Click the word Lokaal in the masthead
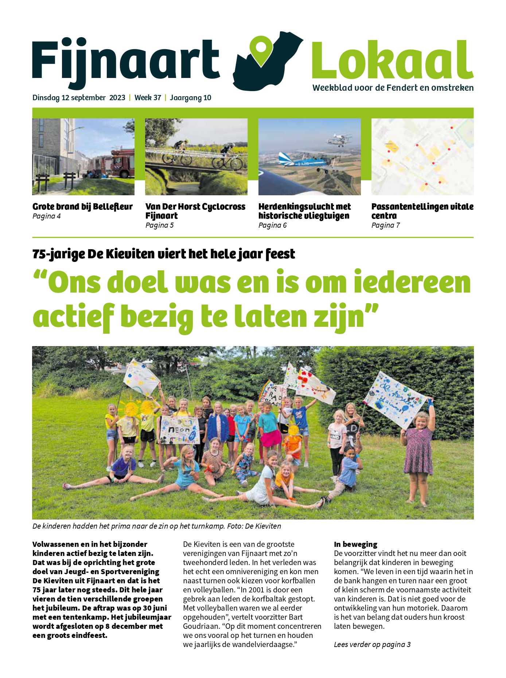(392, 60)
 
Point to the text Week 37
(148, 98)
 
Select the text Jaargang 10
(190, 98)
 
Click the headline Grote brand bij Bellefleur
(82, 207)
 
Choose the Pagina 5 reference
(159, 225)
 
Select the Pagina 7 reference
(385, 225)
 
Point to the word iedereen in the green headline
(412, 283)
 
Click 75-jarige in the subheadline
(58, 254)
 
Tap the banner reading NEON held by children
(180, 430)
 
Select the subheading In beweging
(355, 544)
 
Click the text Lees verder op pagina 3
(372, 644)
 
